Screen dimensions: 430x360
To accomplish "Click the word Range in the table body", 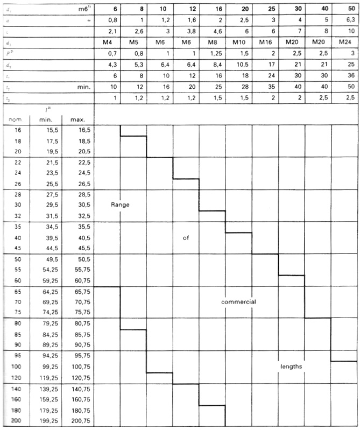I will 121,205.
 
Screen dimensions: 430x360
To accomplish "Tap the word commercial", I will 238,302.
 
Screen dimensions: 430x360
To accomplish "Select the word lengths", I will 291,366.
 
